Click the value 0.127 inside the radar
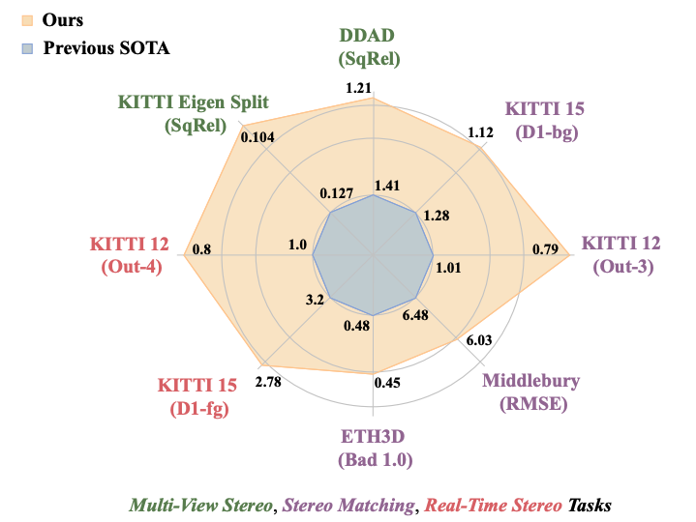coord(334,192)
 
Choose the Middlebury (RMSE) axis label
coord(530,391)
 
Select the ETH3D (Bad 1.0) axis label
coord(374,448)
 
